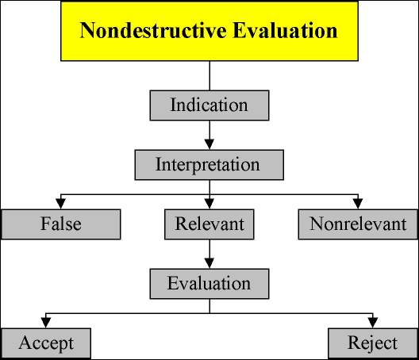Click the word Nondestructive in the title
[x=153, y=30]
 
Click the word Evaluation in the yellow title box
[x=285, y=30]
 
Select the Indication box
[x=209, y=105]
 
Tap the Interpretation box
[x=209, y=165]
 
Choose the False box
[x=61, y=224]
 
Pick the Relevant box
[x=209, y=224]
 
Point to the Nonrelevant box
[x=358, y=224]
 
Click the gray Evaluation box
[x=209, y=284]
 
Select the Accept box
[x=46, y=343]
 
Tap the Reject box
[x=373, y=343]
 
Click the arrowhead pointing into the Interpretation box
[x=209, y=144]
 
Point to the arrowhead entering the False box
[x=61, y=204]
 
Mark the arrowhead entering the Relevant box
[x=209, y=204]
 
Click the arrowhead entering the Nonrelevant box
[x=358, y=204]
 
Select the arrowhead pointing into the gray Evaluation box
[x=209, y=263]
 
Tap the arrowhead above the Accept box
[x=46, y=323]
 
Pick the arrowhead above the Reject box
[x=373, y=323]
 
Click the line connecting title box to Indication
[x=209, y=76]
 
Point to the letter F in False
[x=45, y=224]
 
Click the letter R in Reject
[x=354, y=342]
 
